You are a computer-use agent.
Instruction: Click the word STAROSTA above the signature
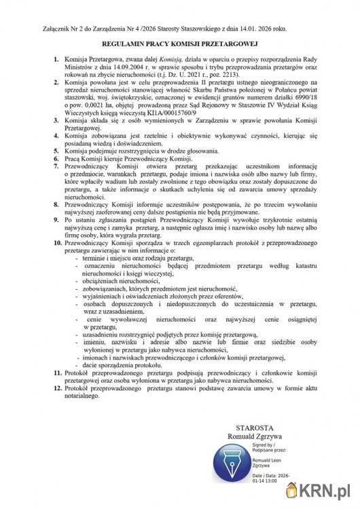253,428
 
